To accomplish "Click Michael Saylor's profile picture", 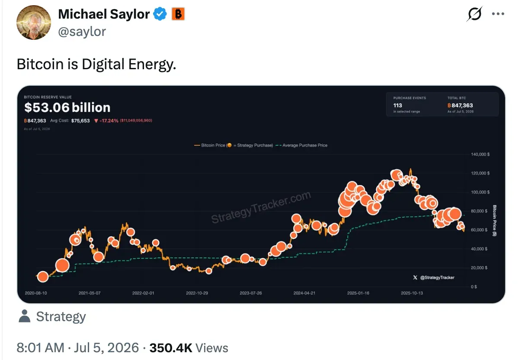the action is click(34, 22).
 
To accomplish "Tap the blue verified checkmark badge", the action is click(160, 14).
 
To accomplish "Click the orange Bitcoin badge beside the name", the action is click(178, 14).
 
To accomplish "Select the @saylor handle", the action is click(82, 32).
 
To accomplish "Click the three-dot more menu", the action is click(498, 14).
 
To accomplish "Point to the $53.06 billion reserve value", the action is click(67, 107).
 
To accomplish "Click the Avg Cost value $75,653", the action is click(80, 121).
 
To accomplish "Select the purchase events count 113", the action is click(397, 106).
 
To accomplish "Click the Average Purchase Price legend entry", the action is click(301, 145).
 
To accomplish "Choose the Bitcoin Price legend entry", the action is click(234, 145).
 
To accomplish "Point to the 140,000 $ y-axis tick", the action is click(481, 154).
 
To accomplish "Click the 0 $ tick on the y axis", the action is click(474, 287).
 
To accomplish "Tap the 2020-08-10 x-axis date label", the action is click(36, 293).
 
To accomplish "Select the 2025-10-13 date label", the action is click(412, 293).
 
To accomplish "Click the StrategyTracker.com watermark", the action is click(261, 207).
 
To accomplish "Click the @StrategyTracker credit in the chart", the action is click(434, 277).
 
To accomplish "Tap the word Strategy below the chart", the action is click(61, 316).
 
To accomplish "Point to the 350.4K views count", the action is click(171, 348).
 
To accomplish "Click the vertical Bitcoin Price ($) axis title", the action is click(494, 220).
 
